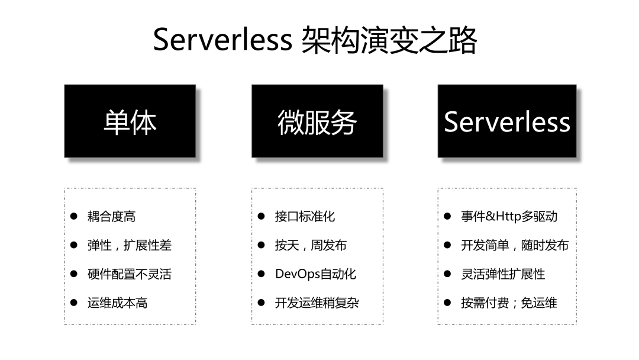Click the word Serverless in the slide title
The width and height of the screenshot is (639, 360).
point(222,40)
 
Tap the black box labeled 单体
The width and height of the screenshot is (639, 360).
point(130,121)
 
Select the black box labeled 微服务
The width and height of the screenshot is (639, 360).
point(317,121)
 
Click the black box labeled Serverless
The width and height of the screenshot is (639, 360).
point(507,121)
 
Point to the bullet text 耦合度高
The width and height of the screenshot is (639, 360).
point(111,217)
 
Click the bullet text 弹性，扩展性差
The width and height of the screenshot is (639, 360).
point(130,246)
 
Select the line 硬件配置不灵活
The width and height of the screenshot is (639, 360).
point(130,274)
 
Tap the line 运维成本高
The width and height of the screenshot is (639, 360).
point(117,303)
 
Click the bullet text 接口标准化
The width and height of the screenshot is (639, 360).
point(305,217)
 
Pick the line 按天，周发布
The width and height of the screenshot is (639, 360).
point(311,246)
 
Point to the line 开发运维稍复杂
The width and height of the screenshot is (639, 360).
point(317,303)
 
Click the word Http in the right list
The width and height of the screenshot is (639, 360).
point(509,217)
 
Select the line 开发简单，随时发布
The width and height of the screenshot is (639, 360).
point(515,246)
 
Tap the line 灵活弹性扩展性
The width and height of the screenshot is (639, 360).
point(503,274)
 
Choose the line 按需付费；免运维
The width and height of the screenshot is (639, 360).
point(509,303)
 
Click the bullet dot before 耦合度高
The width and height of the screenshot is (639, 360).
point(74,217)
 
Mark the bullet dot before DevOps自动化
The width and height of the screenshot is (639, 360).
point(262,274)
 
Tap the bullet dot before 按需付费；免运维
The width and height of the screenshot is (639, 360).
point(447,303)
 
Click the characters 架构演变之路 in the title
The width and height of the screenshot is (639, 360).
point(389,40)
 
